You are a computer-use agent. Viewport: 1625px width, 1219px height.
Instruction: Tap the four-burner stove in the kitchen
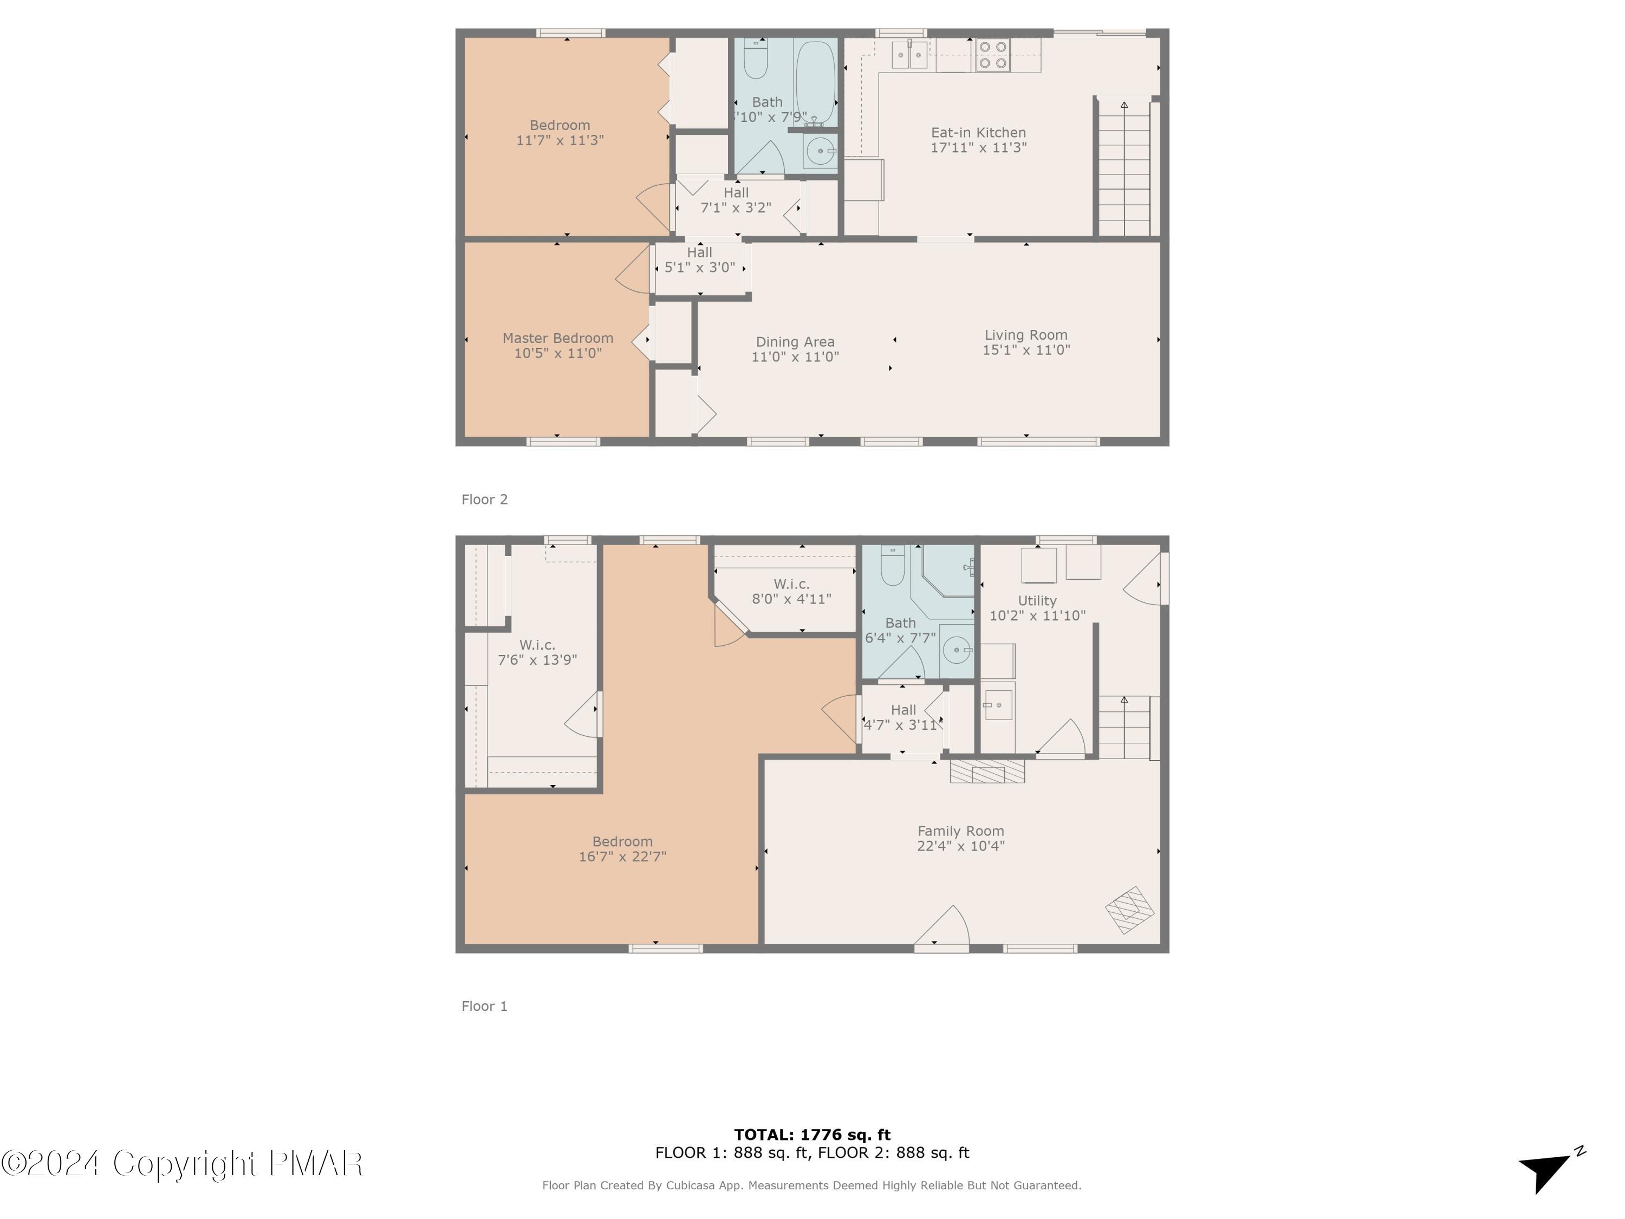coord(992,55)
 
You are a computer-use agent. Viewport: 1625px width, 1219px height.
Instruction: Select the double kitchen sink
coord(909,55)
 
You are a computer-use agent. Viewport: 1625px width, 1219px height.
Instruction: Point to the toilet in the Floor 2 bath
coord(756,59)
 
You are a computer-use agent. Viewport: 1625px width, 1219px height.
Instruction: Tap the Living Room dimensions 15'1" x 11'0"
coord(1026,351)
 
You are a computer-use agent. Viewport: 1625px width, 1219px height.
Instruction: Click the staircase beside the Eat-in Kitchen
coord(1124,169)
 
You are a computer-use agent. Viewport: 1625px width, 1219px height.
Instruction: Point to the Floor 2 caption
coord(484,500)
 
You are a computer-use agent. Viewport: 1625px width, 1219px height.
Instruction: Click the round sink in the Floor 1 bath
coord(955,650)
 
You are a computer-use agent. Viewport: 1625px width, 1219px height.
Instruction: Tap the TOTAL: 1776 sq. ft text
coord(812,1134)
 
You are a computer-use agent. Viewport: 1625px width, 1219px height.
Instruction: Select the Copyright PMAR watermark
coord(182,1163)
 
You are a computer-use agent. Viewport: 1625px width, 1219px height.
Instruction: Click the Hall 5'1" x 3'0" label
coord(699,260)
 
